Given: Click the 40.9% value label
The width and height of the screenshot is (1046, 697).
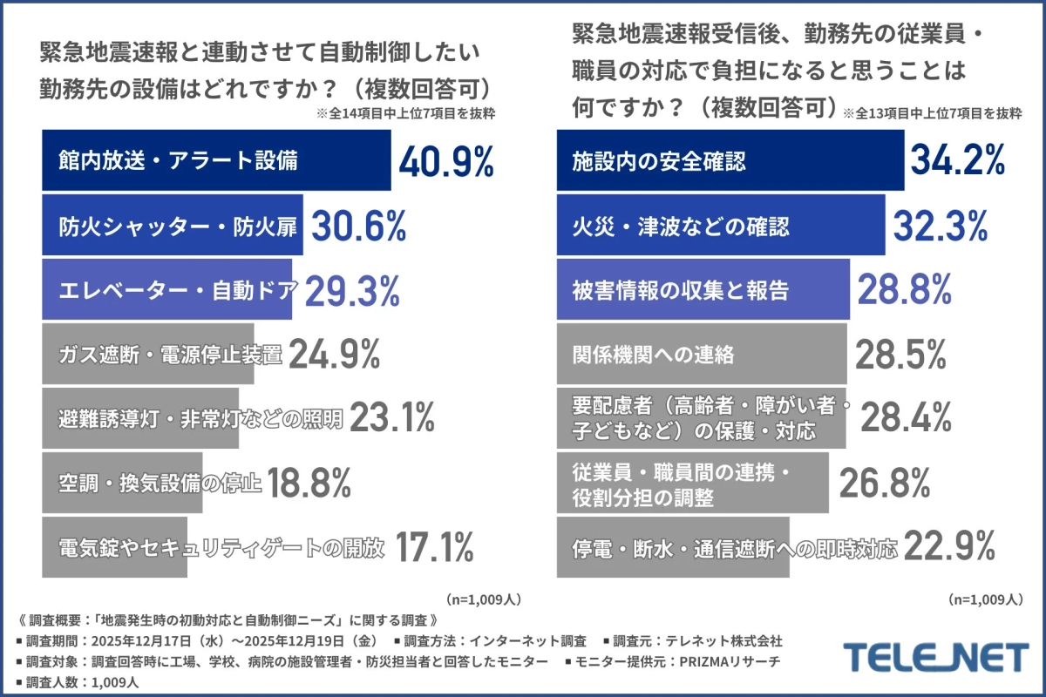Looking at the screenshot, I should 446,162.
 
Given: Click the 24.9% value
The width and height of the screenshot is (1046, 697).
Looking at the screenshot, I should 334,355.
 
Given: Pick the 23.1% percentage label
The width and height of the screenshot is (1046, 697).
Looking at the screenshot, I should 391,419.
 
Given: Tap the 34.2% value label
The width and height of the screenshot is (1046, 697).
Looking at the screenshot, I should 958,161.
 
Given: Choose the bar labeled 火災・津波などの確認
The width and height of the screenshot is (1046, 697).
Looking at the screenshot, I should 720,227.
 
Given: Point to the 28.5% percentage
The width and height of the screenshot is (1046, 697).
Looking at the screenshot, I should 900,355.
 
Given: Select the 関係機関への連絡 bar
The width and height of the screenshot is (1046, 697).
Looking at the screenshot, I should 701,355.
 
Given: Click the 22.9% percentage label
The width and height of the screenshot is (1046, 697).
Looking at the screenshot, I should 949,548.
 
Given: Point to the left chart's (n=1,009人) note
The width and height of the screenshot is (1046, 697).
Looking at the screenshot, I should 484,599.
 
